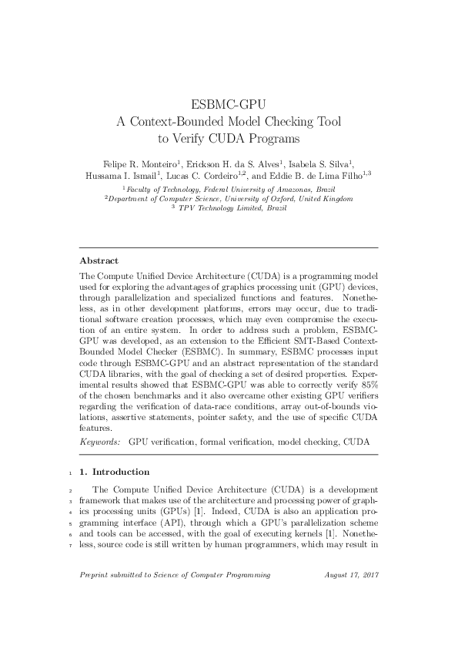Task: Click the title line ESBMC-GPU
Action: pos(229,105)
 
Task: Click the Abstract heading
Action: pos(101,260)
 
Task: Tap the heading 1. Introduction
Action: pos(115,472)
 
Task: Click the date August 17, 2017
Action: pos(351,597)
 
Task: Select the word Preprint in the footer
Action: pos(95,597)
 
